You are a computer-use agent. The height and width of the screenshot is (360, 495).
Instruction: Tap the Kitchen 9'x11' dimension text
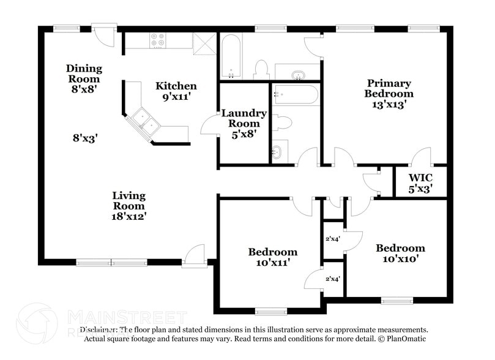(176, 96)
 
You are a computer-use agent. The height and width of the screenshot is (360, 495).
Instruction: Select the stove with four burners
(158, 40)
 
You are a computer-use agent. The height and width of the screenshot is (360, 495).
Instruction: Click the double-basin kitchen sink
(143, 120)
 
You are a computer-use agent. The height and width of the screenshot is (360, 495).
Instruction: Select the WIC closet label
(420, 178)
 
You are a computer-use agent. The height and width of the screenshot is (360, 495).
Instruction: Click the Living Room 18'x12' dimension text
(128, 216)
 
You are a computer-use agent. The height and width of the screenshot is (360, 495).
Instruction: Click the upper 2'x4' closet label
(332, 239)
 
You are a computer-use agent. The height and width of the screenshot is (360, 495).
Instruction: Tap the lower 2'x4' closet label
(332, 279)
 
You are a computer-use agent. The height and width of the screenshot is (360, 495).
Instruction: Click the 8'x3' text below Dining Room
(85, 138)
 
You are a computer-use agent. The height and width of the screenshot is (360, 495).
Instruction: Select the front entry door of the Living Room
(194, 256)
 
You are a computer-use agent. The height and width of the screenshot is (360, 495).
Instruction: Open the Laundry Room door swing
(211, 125)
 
